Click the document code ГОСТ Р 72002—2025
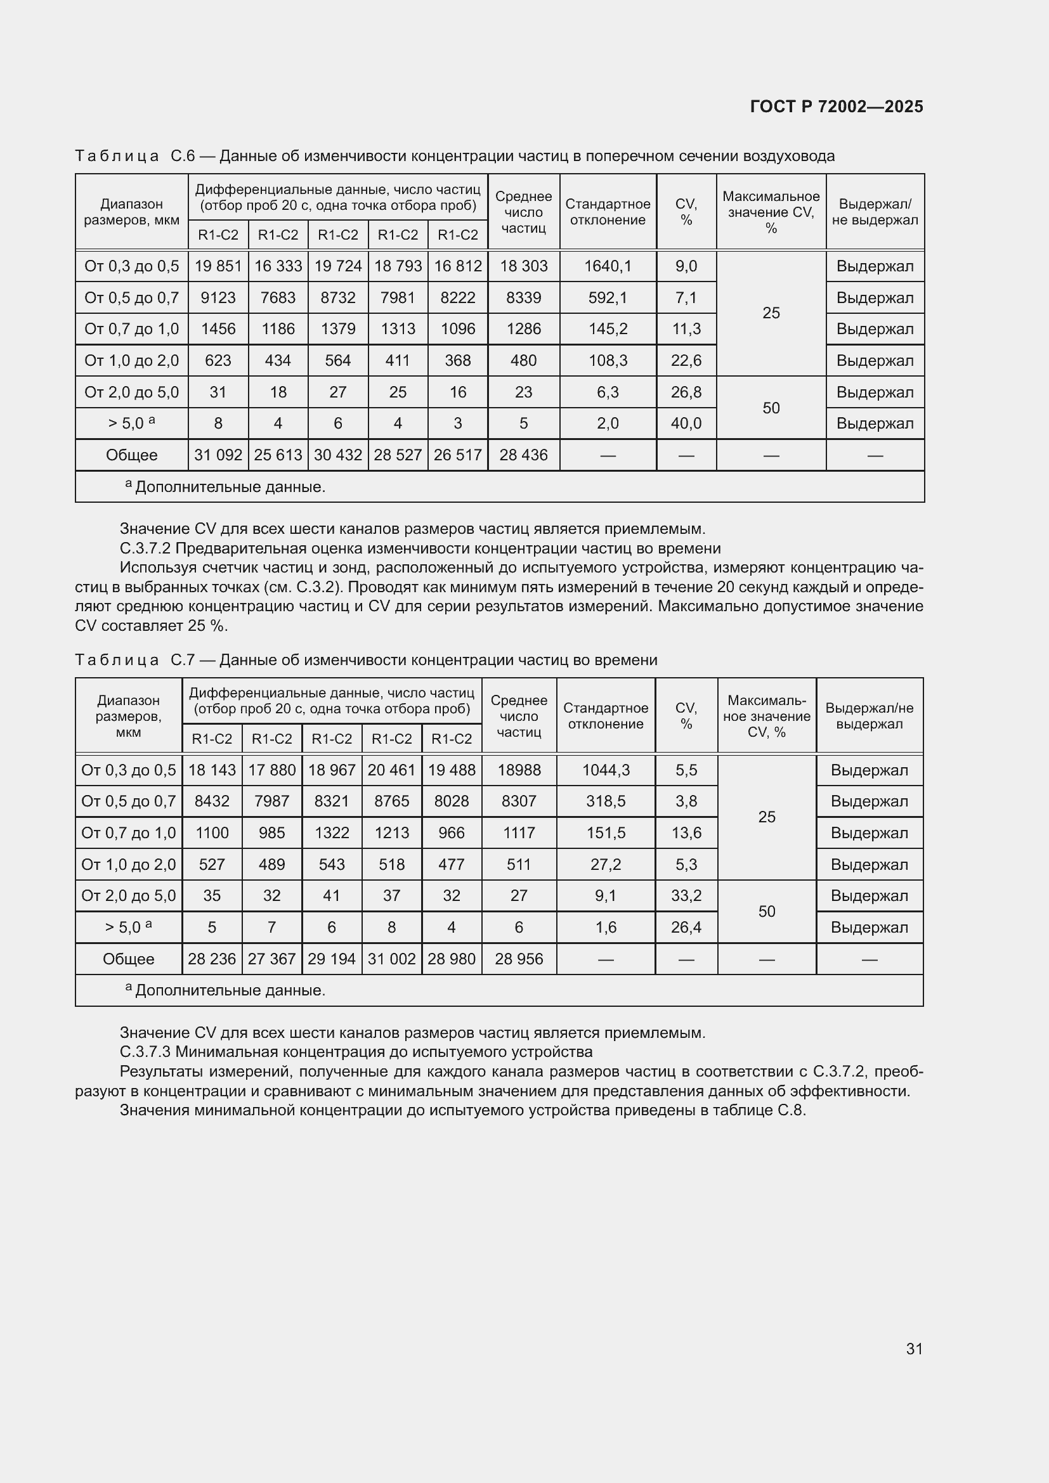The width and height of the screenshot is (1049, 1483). [x=837, y=107]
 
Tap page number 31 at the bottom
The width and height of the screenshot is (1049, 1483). [x=914, y=1349]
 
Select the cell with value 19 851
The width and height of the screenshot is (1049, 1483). [x=218, y=266]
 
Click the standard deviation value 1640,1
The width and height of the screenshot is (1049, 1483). [x=608, y=266]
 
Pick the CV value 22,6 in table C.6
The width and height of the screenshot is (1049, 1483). [x=686, y=360]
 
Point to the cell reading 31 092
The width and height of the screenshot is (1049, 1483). [x=218, y=455]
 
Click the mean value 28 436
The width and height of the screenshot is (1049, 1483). [x=523, y=455]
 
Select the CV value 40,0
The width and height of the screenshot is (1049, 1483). [x=686, y=424]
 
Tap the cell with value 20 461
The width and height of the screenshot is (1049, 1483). [x=391, y=770]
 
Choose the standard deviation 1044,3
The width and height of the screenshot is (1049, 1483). [x=605, y=770]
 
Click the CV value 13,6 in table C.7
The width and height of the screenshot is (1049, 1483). [x=686, y=833]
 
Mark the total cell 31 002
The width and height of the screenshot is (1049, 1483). [x=391, y=959]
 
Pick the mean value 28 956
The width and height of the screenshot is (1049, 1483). [x=519, y=959]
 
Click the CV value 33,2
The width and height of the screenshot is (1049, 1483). [x=686, y=896]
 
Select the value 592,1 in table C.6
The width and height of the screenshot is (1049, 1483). [x=608, y=298]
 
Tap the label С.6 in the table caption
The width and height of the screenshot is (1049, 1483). [x=183, y=157]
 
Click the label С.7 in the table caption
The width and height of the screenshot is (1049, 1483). [x=183, y=660]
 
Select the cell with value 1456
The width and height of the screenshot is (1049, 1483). [x=218, y=330]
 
